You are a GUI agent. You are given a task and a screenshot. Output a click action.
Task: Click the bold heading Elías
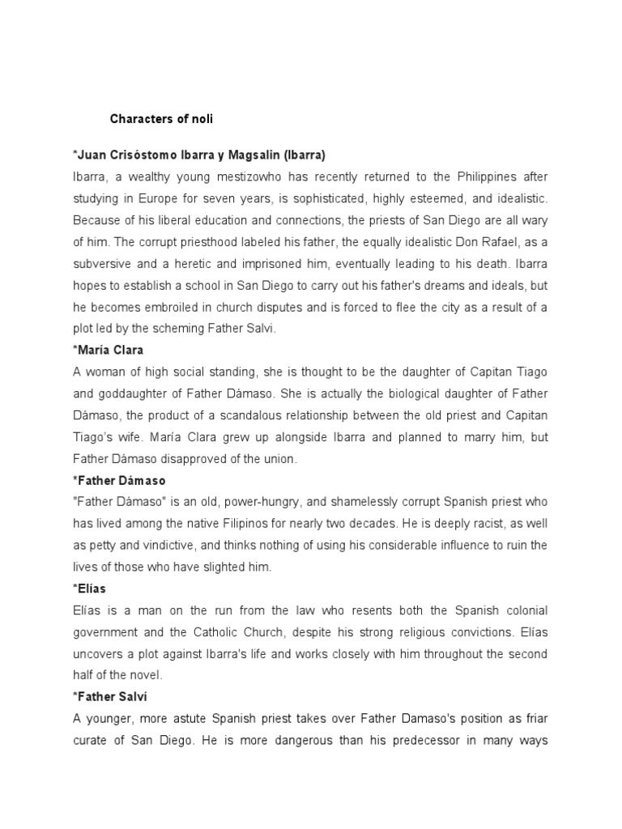(x=92, y=589)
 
